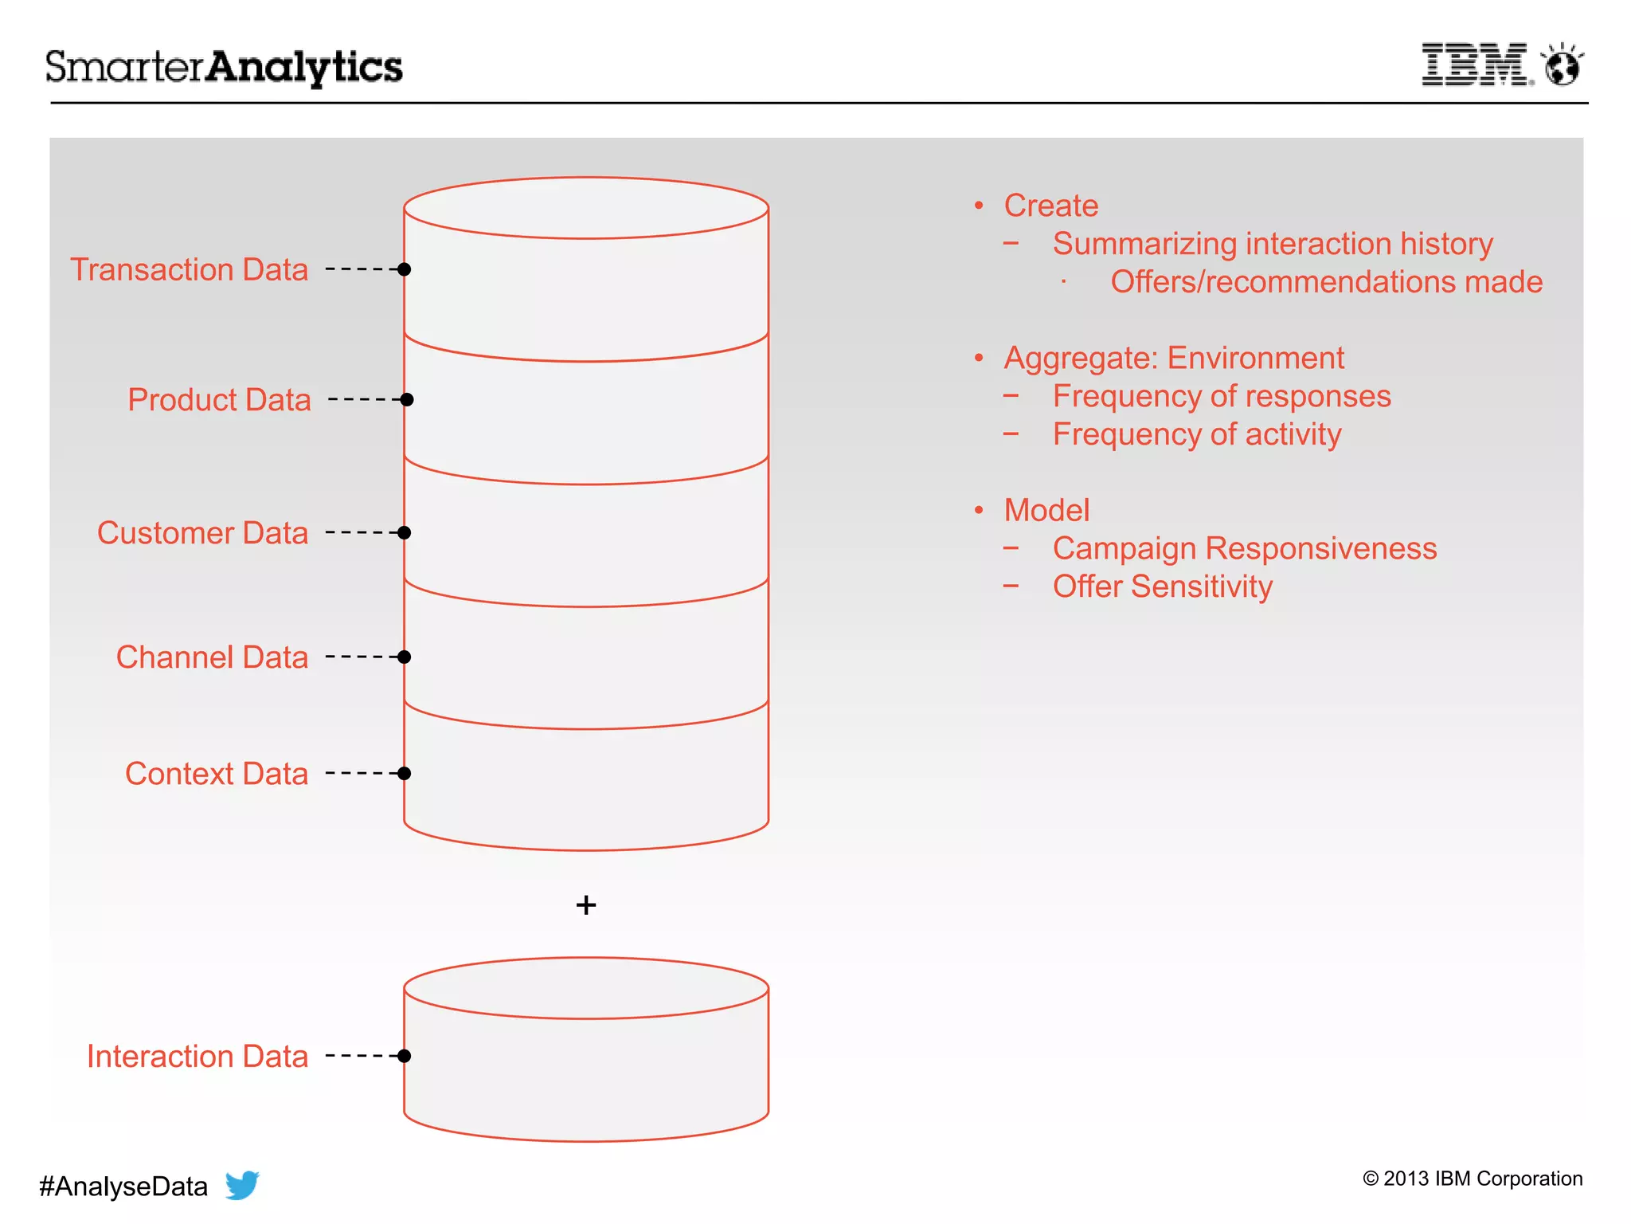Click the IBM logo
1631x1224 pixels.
coord(1475,65)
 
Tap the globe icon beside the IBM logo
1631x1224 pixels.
coord(1562,66)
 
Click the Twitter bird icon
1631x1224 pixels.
coord(242,1185)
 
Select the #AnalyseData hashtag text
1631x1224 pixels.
coord(123,1187)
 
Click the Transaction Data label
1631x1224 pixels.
coord(189,269)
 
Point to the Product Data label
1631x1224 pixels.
coord(219,399)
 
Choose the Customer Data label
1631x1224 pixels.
coord(202,532)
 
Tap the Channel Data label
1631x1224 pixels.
coord(212,657)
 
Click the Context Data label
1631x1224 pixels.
coord(216,774)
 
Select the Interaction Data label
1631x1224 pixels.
coord(197,1056)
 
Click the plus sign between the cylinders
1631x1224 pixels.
coord(586,905)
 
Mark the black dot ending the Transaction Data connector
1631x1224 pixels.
coord(405,269)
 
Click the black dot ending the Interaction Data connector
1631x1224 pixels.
coord(405,1056)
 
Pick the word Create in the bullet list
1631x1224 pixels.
coord(1050,206)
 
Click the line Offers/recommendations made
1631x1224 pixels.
coord(1326,282)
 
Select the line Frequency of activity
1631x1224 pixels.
coord(1196,434)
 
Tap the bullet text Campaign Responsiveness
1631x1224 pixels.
coord(1244,548)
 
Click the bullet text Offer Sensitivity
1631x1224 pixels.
coord(1162,586)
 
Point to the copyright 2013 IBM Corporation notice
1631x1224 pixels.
coord(1473,1179)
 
